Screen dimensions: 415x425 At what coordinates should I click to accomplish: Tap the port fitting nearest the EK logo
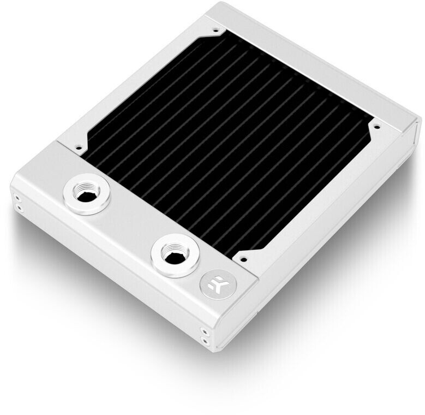[x=173, y=254]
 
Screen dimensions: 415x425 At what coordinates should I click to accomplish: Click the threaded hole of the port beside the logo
[x=173, y=253]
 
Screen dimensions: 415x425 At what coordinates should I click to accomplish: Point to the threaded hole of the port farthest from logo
[x=87, y=193]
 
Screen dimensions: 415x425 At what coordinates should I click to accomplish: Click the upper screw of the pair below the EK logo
[x=203, y=330]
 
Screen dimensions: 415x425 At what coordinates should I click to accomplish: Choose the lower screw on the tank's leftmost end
[x=19, y=207]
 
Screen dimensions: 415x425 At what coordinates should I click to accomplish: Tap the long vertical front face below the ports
[x=109, y=273]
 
